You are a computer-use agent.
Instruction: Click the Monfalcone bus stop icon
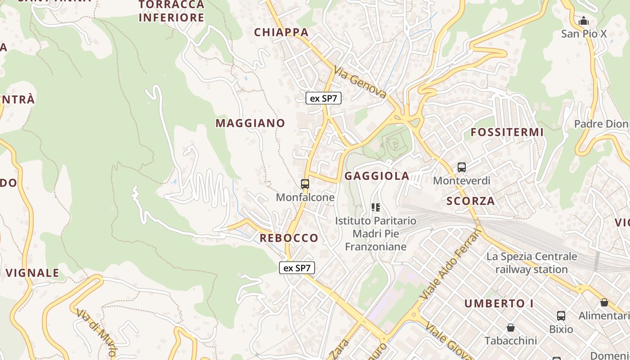tap(305, 184)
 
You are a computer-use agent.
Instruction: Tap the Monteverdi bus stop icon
tap(462, 167)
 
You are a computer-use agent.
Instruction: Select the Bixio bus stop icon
tap(561, 316)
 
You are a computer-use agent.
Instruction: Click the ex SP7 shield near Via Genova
tap(324, 98)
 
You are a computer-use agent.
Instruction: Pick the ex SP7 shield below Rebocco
tap(297, 268)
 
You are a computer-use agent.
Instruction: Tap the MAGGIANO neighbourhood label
tap(250, 123)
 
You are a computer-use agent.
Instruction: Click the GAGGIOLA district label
tap(377, 176)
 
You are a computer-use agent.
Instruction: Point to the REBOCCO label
tap(289, 238)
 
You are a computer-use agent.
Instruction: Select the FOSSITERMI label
tap(507, 132)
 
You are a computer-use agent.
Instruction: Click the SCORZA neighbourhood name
tap(471, 201)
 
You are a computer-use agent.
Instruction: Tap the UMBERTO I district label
tap(499, 303)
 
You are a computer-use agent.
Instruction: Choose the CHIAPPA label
tap(281, 32)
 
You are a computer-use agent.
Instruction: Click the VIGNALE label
tap(32, 273)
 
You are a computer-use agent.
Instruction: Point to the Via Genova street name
tap(360, 82)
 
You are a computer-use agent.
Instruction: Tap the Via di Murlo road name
tap(96, 332)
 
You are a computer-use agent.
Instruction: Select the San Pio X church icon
tap(584, 21)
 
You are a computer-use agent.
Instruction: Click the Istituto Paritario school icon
tap(376, 207)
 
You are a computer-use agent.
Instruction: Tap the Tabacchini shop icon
tap(510, 327)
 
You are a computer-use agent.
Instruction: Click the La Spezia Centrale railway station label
tap(531, 263)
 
